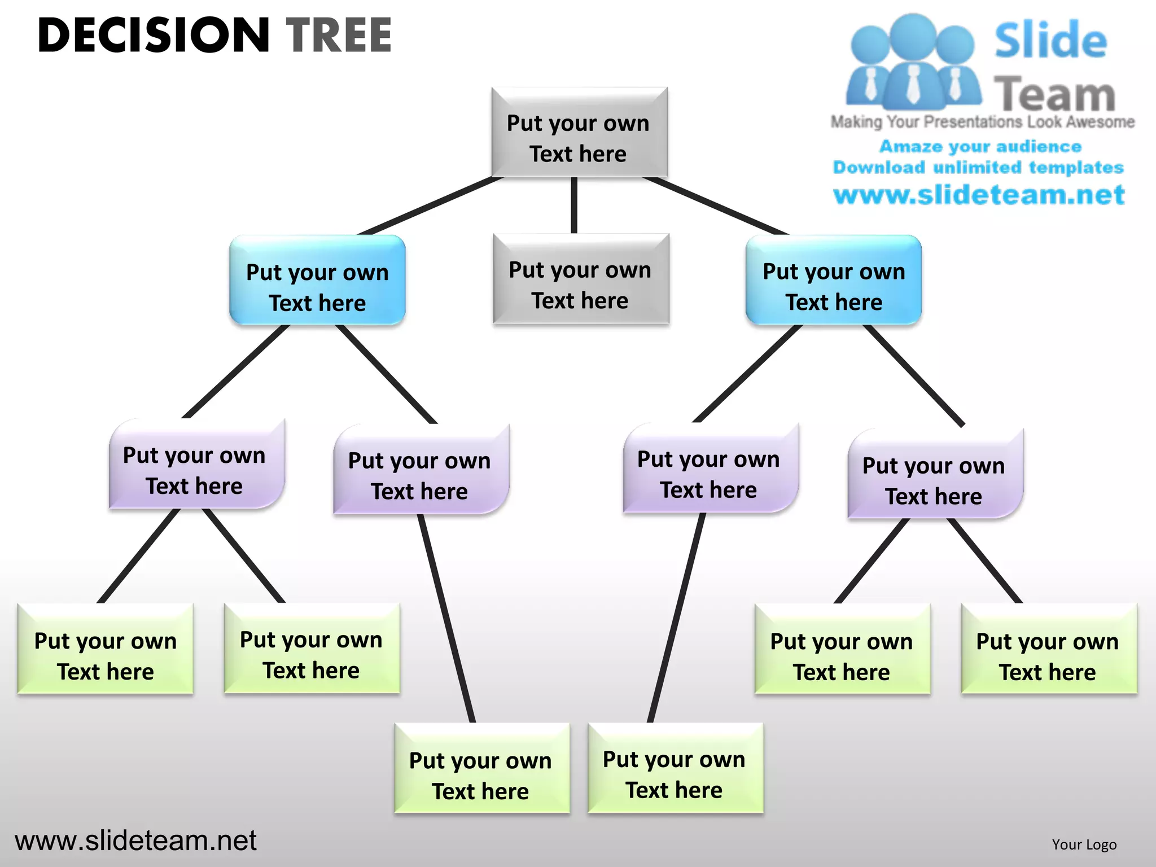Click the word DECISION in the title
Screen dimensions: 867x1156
pyautogui.click(x=154, y=35)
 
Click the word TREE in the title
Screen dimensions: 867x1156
pyautogui.click(x=339, y=35)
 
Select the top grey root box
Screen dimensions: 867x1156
pyautogui.click(x=579, y=133)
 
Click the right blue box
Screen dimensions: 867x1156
pyautogui.click(x=834, y=281)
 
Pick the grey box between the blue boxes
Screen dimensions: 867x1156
pyautogui.click(x=580, y=279)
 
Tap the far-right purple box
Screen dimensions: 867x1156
pyautogui.click(x=934, y=475)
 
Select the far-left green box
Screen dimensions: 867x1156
pyautogui.click(x=106, y=649)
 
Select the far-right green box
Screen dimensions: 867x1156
pyautogui.click(x=1048, y=650)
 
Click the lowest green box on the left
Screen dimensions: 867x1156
pyautogui.click(x=481, y=769)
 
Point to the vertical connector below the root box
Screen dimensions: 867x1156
pyautogui.click(x=574, y=205)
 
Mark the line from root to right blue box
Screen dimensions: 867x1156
pyautogui.click(x=716, y=206)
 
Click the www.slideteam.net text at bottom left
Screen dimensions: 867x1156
pyautogui.click(x=135, y=841)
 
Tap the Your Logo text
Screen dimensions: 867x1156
pyautogui.click(x=1084, y=844)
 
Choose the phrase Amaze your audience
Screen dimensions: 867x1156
pyautogui.click(x=980, y=147)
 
